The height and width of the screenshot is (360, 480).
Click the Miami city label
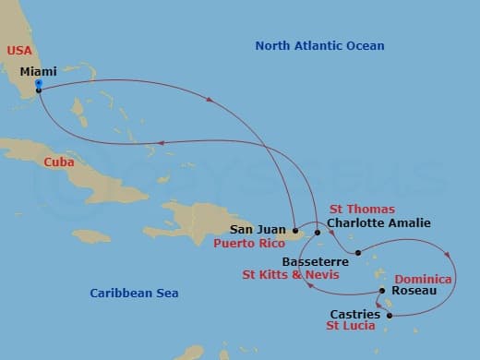[38, 70]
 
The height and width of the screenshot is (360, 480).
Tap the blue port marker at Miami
[38, 84]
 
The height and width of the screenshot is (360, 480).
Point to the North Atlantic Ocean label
[319, 45]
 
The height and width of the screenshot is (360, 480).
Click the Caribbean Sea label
[134, 293]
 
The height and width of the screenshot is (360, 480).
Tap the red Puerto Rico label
[250, 245]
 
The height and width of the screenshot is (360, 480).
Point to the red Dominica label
[423, 279]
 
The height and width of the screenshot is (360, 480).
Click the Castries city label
[354, 315]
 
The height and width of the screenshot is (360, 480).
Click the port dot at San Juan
[294, 230]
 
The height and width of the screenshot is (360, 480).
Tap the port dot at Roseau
[381, 292]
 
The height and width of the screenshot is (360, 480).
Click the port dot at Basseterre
[357, 251]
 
